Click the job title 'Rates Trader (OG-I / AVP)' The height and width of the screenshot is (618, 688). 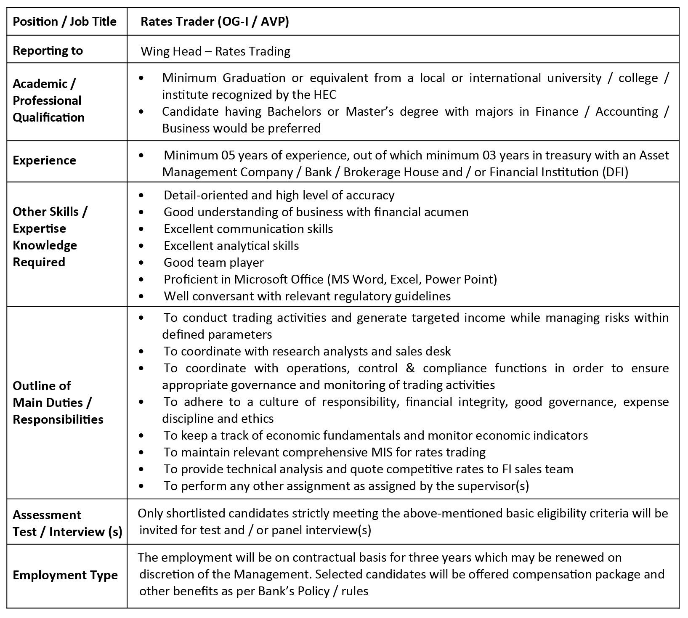(215, 21)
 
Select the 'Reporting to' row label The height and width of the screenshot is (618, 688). (48, 50)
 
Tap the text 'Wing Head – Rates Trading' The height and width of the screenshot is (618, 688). (215, 51)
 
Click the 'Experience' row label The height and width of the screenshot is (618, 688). (44, 160)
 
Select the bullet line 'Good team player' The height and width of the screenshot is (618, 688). (213, 263)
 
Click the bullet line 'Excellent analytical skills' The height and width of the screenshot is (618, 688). (231, 246)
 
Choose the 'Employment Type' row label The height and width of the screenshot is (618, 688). (65, 575)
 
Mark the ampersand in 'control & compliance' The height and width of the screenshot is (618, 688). (410, 368)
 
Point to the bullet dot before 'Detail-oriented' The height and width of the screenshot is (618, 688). (141, 195)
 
